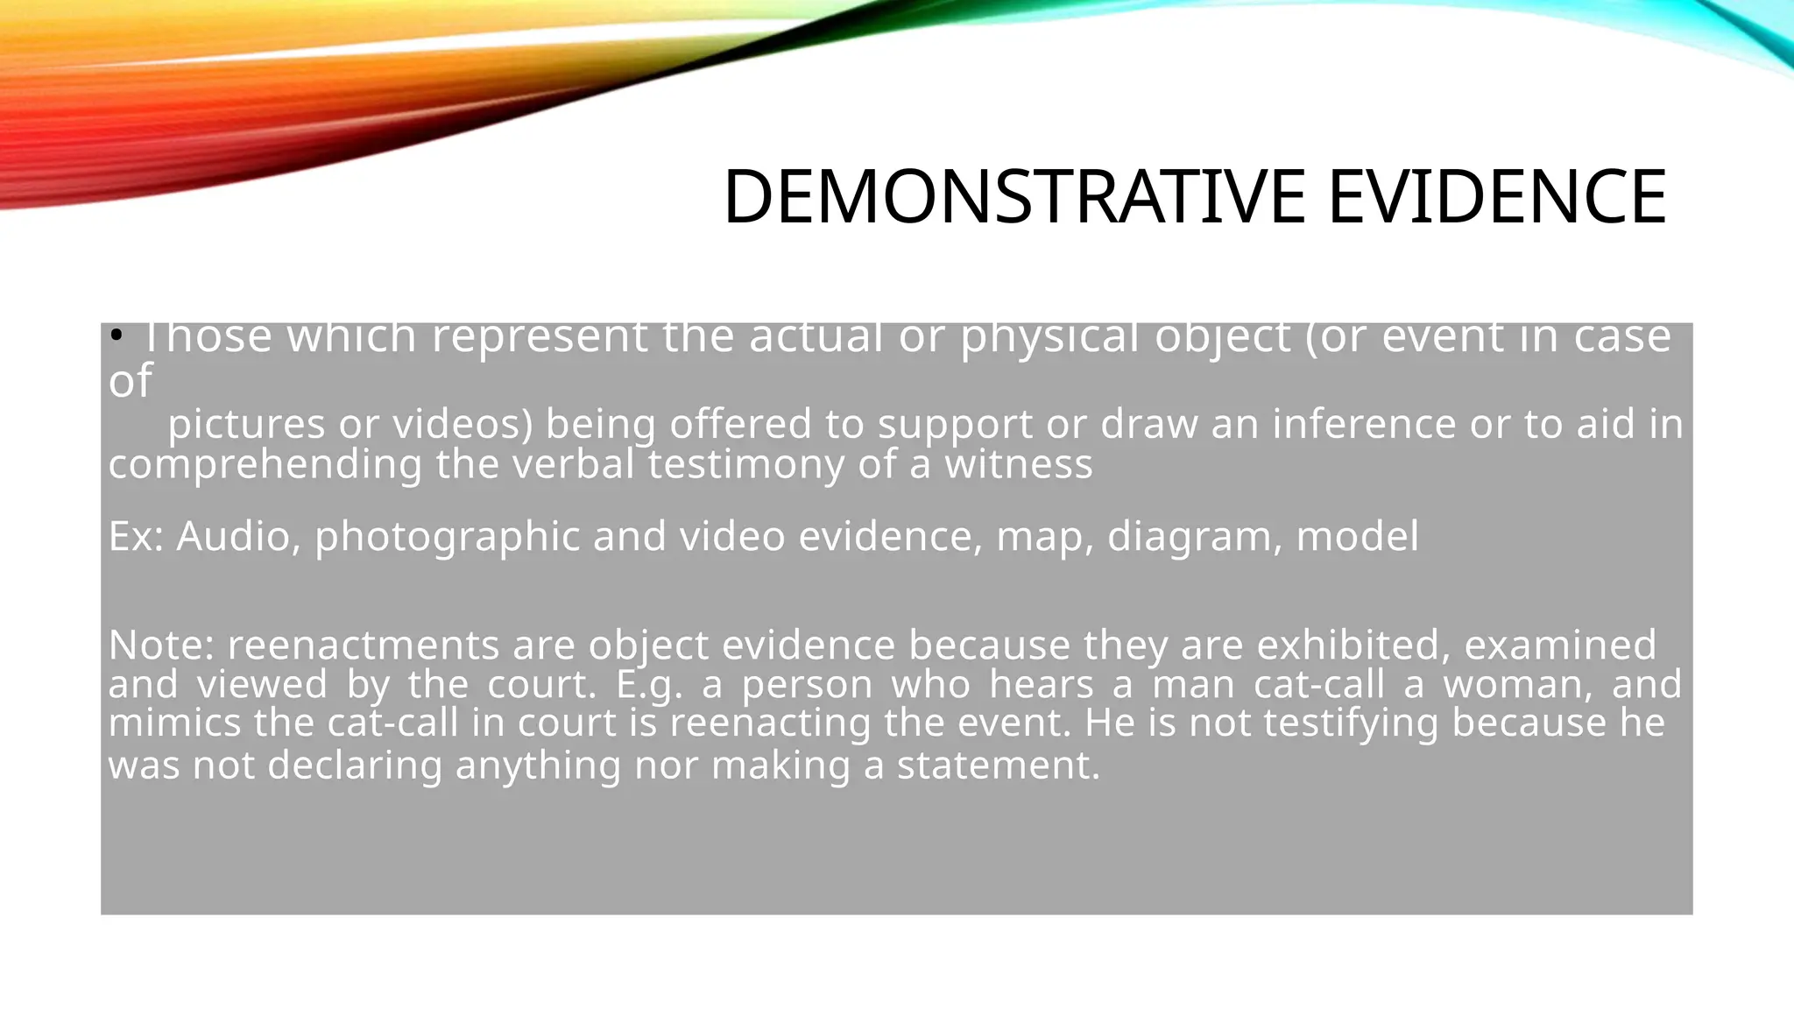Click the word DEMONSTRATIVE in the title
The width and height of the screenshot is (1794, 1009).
click(1016, 197)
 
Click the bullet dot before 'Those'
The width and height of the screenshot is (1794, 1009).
click(116, 335)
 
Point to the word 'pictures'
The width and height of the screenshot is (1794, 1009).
click(246, 425)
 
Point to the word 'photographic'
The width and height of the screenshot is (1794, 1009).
click(447, 537)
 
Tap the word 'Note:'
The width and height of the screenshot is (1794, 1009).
click(161, 646)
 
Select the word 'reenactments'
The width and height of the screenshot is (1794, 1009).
click(364, 646)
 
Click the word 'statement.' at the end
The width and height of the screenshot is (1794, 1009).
click(998, 766)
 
